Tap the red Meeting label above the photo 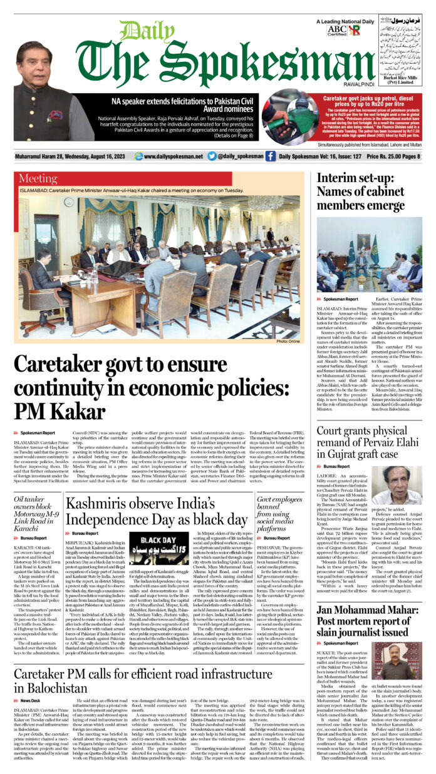38,179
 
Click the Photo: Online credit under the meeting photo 287,341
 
